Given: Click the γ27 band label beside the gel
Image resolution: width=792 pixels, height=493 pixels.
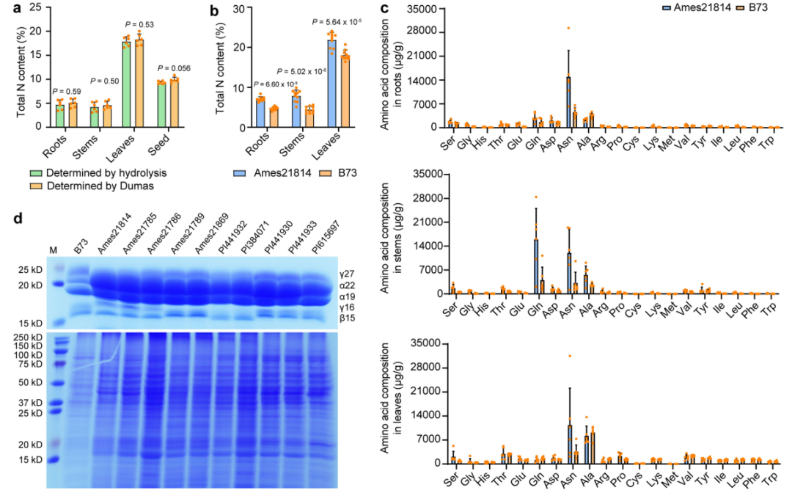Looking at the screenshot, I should [x=348, y=273].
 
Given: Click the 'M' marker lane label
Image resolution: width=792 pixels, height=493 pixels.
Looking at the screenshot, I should [x=53, y=250].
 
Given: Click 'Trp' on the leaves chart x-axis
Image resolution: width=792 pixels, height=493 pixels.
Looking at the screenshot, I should [x=769, y=481].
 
